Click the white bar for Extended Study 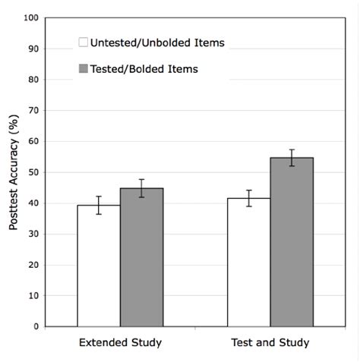coord(99,266)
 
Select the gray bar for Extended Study coord(141,258)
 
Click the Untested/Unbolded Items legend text coord(157,42)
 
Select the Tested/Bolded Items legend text coord(144,69)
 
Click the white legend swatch coord(83,42)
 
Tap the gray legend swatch coord(83,69)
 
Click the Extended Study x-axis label coord(120,343)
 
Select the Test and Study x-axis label coord(270,343)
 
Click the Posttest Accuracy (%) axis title coord(14,172)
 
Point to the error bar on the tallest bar coord(292,157)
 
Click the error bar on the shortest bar coord(99,205)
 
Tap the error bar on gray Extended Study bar coord(141,187)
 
